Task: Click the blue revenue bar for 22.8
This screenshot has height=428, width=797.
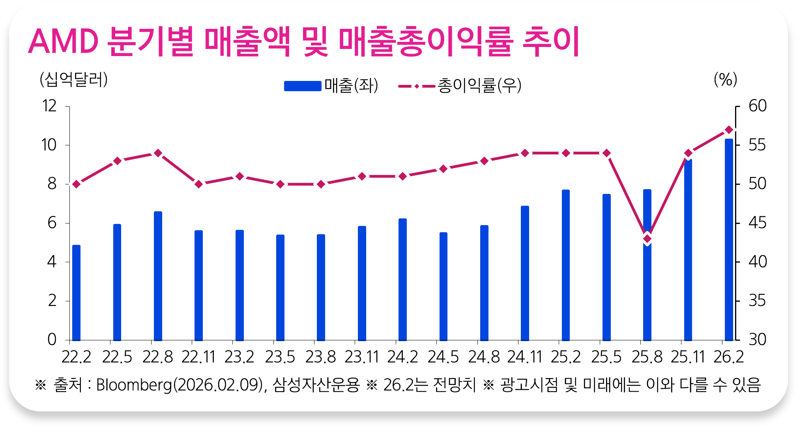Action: point(158,276)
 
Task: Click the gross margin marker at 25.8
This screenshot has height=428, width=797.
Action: point(647,238)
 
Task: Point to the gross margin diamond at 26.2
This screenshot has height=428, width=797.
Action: point(729,130)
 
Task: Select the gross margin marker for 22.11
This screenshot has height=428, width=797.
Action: point(199,184)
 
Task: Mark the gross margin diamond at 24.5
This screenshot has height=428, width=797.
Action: point(443,169)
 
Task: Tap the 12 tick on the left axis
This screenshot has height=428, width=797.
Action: point(50,106)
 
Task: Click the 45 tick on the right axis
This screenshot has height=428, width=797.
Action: point(757,223)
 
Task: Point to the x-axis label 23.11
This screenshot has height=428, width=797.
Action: point(361,357)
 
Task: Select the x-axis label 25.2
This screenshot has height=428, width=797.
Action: point(565,357)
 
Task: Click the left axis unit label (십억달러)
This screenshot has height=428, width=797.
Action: point(74,80)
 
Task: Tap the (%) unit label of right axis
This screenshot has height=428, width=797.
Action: point(725,80)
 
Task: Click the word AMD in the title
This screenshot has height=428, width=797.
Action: point(63,41)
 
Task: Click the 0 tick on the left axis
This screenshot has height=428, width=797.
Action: point(52,340)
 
